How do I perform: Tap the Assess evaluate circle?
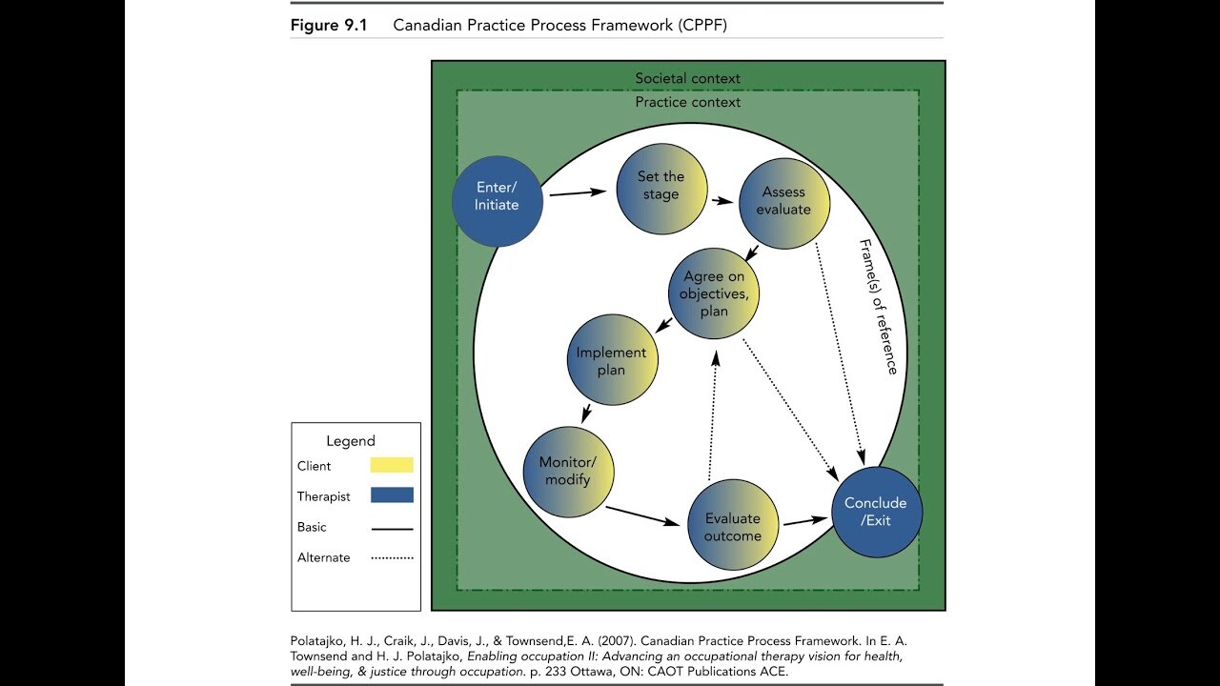click(784, 204)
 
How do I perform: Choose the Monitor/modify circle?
click(569, 471)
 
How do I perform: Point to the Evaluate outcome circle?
click(732, 527)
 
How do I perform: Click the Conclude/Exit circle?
click(877, 512)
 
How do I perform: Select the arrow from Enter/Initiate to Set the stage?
click(578, 193)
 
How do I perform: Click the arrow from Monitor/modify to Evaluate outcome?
click(645, 515)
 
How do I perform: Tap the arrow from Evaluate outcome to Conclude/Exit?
click(804, 521)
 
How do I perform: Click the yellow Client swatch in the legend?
click(391, 465)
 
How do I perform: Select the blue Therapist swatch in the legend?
click(391, 495)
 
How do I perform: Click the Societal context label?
click(687, 78)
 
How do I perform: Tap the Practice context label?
click(687, 102)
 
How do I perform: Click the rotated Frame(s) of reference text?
click(878, 306)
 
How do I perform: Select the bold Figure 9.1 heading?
click(329, 25)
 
